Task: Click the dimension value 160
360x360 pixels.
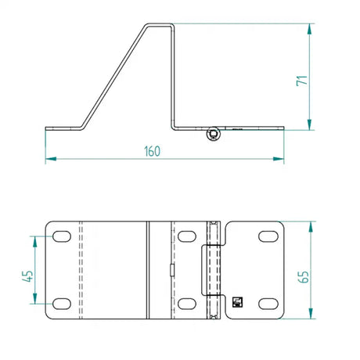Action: point(153,151)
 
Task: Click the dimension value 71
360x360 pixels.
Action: point(302,81)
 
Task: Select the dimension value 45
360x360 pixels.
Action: point(27,276)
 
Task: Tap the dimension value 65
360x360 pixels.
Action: point(304,277)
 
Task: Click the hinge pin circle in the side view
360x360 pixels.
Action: point(214,134)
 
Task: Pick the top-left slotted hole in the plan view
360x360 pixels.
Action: point(62,236)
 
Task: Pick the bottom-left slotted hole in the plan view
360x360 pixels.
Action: point(62,304)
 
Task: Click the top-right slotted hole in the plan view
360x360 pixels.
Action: point(268,236)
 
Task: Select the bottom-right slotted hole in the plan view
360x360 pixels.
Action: point(268,304)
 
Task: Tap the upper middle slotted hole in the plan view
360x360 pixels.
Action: point(187,236)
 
